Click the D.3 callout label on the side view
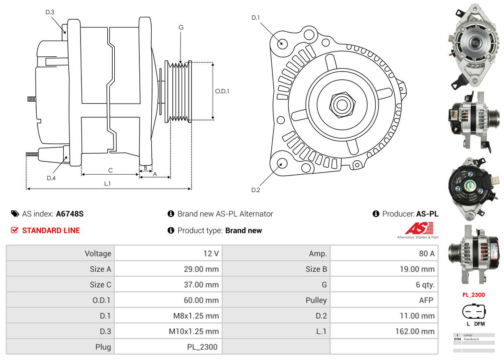[x=50, y=12]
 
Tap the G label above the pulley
[x=181, y=28]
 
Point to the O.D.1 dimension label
[x=222, y=91]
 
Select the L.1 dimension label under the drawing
[x=107, y=184]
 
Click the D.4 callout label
[x=51, y=178]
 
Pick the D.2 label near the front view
[x=256, y=190]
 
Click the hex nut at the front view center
[x=341, y=104]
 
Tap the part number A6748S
[x=70, y=214]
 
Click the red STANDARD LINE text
[x=51, y=231]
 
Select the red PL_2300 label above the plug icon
[x=474, y=295]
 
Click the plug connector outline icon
[x=474, y=312]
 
